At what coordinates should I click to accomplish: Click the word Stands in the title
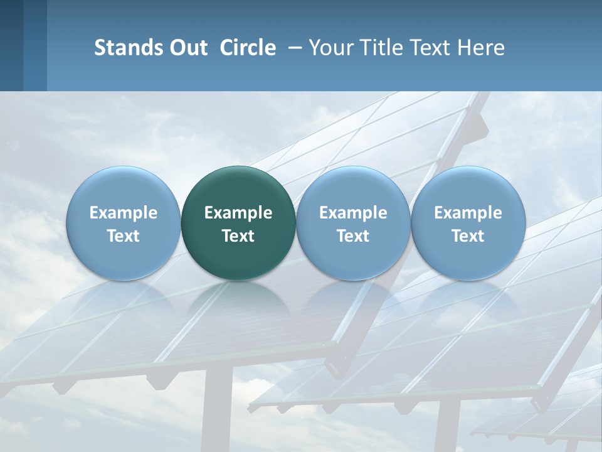click(124, 48)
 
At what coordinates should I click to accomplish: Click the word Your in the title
click(329, 48)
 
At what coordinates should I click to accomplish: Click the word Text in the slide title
click(430, 48)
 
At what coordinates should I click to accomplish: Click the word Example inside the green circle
click(238, 213)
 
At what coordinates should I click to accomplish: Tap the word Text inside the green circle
click(238, 236)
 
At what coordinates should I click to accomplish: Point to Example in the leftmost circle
click(123, 213)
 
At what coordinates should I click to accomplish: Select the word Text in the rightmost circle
click(468, 236)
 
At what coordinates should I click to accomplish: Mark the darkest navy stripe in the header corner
click(11, 45)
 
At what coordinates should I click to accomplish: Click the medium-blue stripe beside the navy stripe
click(35, 45)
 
